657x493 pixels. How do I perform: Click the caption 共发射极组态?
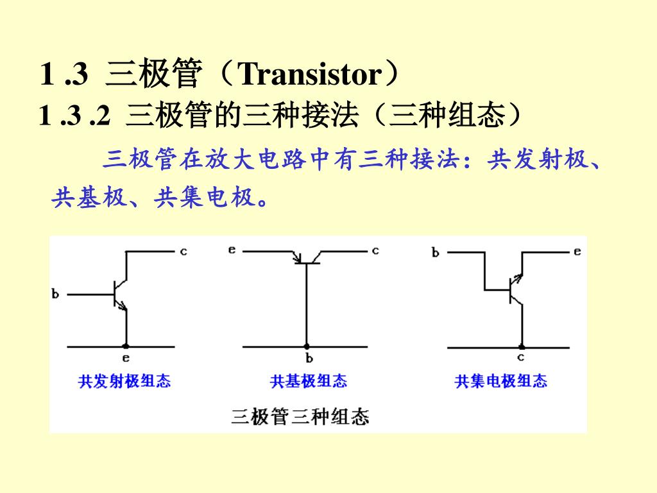point(124,381)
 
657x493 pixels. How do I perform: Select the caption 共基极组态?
point(309,381)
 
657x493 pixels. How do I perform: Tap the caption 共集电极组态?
point(501,381)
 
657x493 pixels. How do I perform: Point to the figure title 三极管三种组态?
point(300,417)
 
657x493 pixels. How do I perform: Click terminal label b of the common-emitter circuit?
point(55,295)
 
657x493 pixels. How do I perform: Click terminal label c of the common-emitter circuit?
point(183,252)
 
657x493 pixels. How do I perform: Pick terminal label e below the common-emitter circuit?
point(126,358)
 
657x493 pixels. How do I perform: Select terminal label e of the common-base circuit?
point(232,250)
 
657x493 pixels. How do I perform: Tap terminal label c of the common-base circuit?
point(375,251)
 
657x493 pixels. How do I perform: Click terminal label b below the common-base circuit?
point(309,358)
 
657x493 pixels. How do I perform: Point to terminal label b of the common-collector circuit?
point(436,253)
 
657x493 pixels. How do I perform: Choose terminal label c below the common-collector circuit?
point(520,358)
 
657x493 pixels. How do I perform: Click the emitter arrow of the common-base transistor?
point(297,259)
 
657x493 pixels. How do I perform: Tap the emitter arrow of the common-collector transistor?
point(517,278)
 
